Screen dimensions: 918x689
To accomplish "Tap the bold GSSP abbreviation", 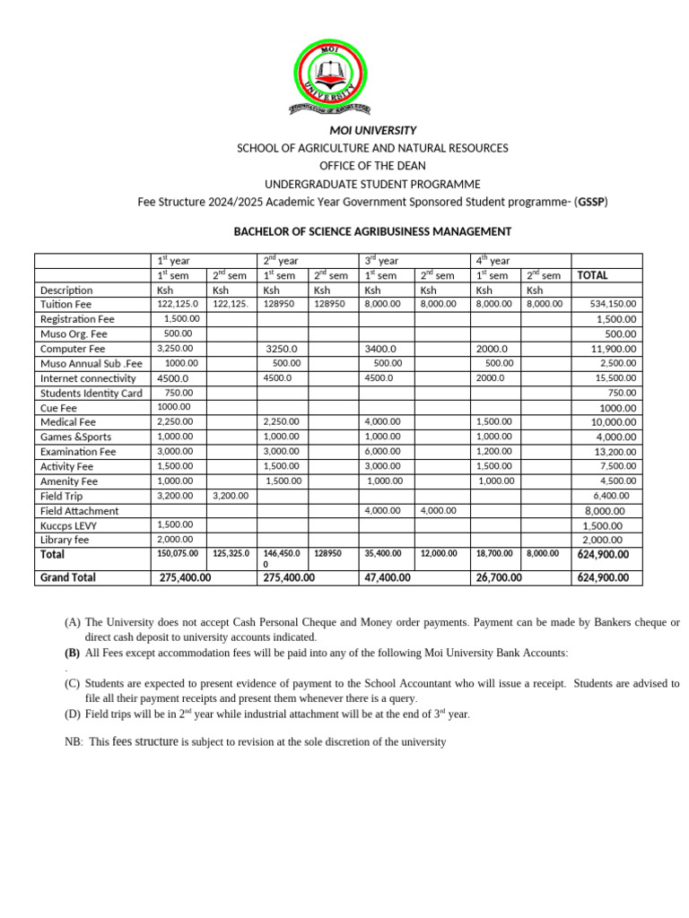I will (591, 202).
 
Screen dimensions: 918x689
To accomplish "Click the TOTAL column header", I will (592, 275).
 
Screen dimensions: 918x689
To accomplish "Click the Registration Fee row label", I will (77, 319).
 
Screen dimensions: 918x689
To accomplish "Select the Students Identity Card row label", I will (91, 393).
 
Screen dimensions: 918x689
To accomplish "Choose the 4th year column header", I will (493, 261).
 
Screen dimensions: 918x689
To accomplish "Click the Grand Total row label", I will (68, 577).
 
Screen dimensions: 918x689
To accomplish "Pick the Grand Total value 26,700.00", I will (497, 578).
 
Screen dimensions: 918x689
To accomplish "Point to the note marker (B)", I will (72, 652).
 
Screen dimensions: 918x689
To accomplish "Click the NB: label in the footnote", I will (74, 742).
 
